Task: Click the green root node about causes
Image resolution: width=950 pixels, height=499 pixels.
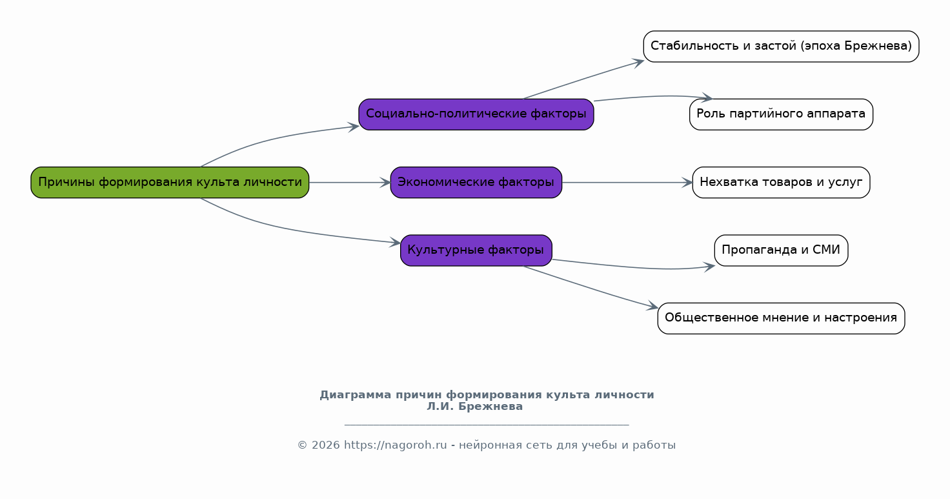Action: point(170,183)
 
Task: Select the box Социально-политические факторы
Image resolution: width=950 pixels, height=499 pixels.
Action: point(476,114)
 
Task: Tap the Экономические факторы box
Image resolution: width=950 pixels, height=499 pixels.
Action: point(476,183)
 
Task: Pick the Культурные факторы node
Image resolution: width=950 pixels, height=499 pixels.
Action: point(476,250)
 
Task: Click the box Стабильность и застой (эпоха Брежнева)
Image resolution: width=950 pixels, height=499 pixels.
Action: point(781,46)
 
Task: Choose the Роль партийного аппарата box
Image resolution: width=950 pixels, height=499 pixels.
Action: point(781,114)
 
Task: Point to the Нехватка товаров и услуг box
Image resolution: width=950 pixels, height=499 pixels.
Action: point(781,183)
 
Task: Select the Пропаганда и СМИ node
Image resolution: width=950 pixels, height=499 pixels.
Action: point(781,250)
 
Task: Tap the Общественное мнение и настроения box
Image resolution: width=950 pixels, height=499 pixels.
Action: point(781,318)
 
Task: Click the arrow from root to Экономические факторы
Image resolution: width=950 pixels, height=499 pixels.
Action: point(349,183)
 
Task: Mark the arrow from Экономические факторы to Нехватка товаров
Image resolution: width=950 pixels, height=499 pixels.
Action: point(627,183)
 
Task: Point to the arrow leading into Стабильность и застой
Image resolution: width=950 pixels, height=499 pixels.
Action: point(583,80)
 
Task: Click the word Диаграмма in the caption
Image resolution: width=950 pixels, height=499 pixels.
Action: point(356,395)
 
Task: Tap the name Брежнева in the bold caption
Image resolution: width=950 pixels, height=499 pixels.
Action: point(490,407)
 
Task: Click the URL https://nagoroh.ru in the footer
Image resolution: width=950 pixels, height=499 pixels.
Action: point(395,445)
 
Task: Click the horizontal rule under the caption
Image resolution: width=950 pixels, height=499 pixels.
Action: point(487,424)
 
